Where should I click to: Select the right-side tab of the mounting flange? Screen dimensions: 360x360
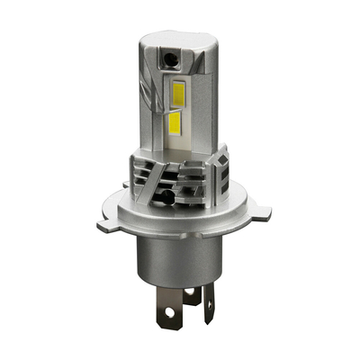click(x=258, y=212)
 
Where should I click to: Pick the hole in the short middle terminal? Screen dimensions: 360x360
click(x=191, y=294)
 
